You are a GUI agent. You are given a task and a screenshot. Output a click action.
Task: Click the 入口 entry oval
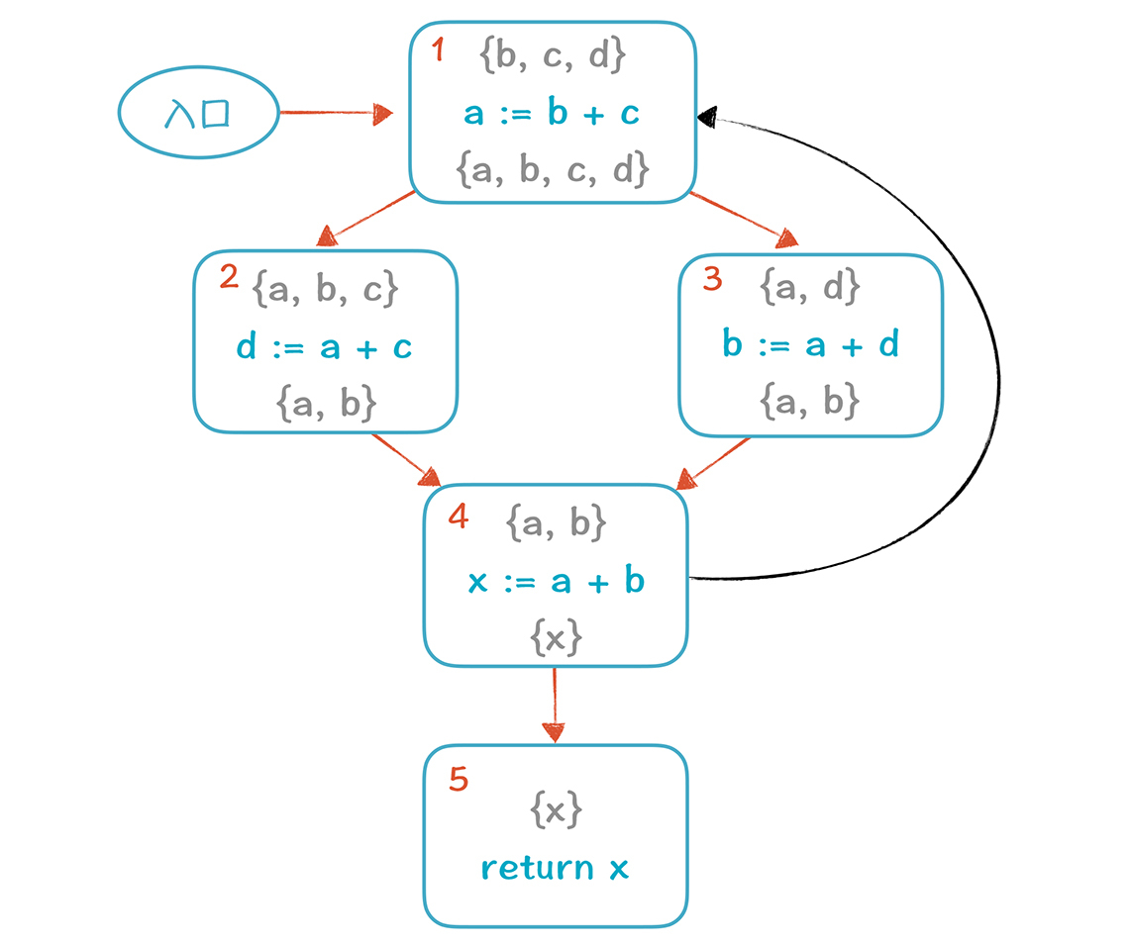point(197,113)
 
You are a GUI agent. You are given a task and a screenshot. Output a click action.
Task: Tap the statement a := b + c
point(553,114)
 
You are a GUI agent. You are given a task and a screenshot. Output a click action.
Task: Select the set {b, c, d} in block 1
point(553,56)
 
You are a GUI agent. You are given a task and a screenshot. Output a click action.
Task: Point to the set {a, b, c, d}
point(553,169)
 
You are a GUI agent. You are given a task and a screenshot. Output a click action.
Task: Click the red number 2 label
point(229,276)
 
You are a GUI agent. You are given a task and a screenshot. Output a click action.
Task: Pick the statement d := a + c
point(324,346)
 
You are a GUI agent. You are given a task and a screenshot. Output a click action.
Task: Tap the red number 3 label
point(712,279)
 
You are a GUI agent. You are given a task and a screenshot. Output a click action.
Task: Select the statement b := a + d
point(810,346)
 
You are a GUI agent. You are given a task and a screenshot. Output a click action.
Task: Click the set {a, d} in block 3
point(810,288)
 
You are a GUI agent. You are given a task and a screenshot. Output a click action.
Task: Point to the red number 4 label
point(457,517)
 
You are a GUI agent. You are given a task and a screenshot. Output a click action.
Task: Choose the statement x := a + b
point(556,581)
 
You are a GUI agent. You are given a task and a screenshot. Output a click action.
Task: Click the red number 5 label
point(458,780)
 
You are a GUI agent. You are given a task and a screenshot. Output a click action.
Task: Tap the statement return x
point(556,868)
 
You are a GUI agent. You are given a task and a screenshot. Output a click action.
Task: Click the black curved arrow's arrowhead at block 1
point(706,117)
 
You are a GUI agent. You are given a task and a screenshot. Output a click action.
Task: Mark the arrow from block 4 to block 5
point(554,705)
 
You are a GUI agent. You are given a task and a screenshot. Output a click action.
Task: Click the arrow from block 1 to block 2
point(367,218)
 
